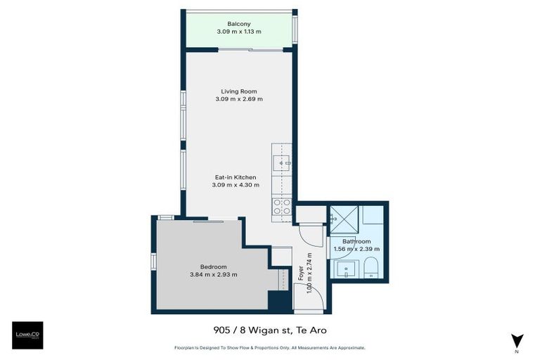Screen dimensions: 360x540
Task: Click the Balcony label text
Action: coord(238,24)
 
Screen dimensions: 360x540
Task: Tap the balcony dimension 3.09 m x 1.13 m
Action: coord(238,32)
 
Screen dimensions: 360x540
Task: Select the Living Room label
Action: coord(238,91)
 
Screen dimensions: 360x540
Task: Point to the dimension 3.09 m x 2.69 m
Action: coord(238,99)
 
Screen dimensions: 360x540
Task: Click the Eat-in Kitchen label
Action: coord(236,177)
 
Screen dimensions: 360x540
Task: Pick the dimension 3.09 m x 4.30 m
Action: coord(236,185)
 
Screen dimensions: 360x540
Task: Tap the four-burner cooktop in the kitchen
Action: coord(282,207)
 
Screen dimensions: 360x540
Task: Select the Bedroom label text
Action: coord(213,266)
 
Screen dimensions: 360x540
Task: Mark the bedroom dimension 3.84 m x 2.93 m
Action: coord(213,274)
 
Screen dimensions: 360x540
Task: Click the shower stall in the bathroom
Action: coord(345,219)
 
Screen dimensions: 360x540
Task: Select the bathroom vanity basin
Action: coord(346,269)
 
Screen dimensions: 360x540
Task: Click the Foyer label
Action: coord(301,271)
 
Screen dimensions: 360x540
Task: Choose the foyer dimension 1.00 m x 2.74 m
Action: coord(309,271)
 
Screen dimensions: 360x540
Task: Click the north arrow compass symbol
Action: coord(517,340)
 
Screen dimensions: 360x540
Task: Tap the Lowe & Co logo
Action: coord(27,335)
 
